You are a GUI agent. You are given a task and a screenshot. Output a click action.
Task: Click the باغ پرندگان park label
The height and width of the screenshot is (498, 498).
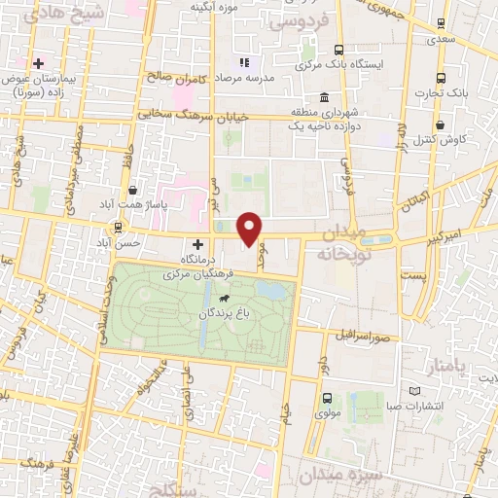[x=225, y=314]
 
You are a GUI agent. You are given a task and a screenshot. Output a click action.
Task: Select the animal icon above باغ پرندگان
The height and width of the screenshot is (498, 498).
[x=225, y=297]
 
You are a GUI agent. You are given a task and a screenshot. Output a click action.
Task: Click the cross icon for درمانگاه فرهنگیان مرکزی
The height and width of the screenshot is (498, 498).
[x=198, y=244]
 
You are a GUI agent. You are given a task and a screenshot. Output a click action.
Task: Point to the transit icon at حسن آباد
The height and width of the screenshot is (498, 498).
[x=118, y=228]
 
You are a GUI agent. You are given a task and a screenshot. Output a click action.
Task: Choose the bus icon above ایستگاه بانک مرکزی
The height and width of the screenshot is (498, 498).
[x=338, y=50]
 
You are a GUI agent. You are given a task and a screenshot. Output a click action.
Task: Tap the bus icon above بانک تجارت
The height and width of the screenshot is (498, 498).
[x=442, y=78]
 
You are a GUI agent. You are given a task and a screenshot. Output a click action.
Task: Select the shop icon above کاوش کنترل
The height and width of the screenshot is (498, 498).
[x=442, y=124]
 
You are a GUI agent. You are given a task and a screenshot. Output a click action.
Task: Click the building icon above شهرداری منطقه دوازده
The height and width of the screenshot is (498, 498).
[x=322, y=98]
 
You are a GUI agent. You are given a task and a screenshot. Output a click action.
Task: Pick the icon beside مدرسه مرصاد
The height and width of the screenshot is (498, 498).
[x=244, y=62]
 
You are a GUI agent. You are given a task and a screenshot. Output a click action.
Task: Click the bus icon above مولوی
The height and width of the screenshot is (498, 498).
[x=327, y=397]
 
